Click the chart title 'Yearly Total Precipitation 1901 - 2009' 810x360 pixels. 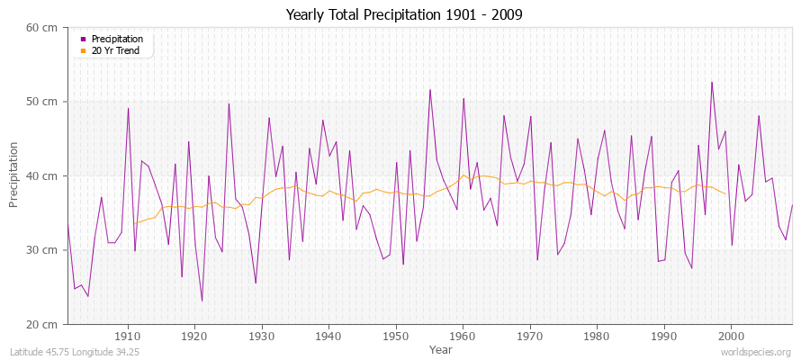pyautogui.click(x=404, y=14)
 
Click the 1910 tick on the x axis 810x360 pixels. pyautogui.click(x=128, y=336)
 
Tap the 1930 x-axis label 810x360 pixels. pyautogui.click(x=262, y=336)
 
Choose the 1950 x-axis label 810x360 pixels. pyautogui.click(x=396, y=336)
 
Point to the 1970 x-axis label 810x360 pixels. pyautogui.click(x=530, y=336)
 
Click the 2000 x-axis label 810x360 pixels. pyautogui.click(x=731, y=336)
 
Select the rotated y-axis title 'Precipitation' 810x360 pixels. pyautogui.click(x=14, y=175)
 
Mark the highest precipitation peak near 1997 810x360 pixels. pyautogui.click(x=711, y=83)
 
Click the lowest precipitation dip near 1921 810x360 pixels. pyautogui.click(x=202, y=301)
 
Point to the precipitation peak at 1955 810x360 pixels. pyautogui.click(x=430, y=90)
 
